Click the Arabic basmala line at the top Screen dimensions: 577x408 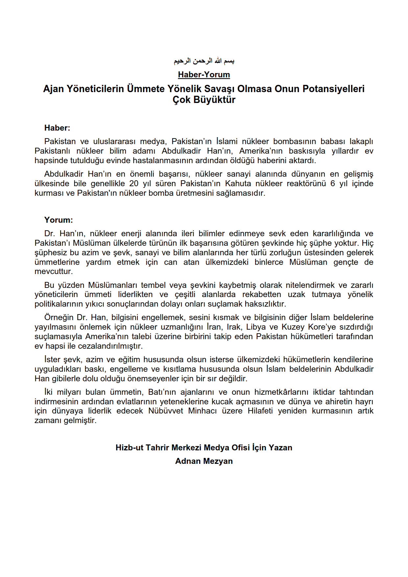[204, 61]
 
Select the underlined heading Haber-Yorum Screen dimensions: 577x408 [204, 75]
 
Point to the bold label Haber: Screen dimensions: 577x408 [57, 128]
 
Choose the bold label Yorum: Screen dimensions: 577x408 [59, 220]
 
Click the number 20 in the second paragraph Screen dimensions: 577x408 [134, 184]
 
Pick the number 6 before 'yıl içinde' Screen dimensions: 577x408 [332, 184]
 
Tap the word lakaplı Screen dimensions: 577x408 [361, 141]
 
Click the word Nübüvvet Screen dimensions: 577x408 [166, 411]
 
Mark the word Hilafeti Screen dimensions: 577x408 [260, 411]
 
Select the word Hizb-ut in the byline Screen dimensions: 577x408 [129, 448]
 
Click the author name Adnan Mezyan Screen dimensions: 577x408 [204, 461]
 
